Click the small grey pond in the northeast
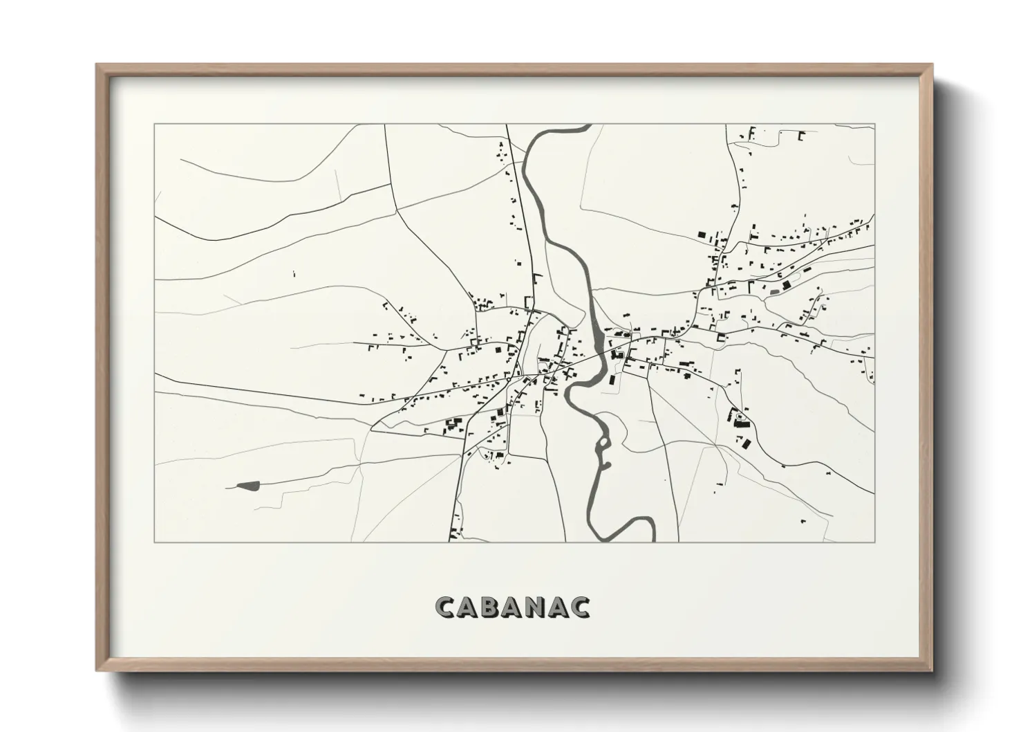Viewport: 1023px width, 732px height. coord(774,292)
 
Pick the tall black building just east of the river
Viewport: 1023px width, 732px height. coord(612,379)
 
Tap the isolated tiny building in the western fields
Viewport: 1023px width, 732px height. coord(294,274)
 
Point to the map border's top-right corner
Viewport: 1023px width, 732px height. coord(874,125)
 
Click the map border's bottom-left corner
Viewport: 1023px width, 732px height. coord(154,542)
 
